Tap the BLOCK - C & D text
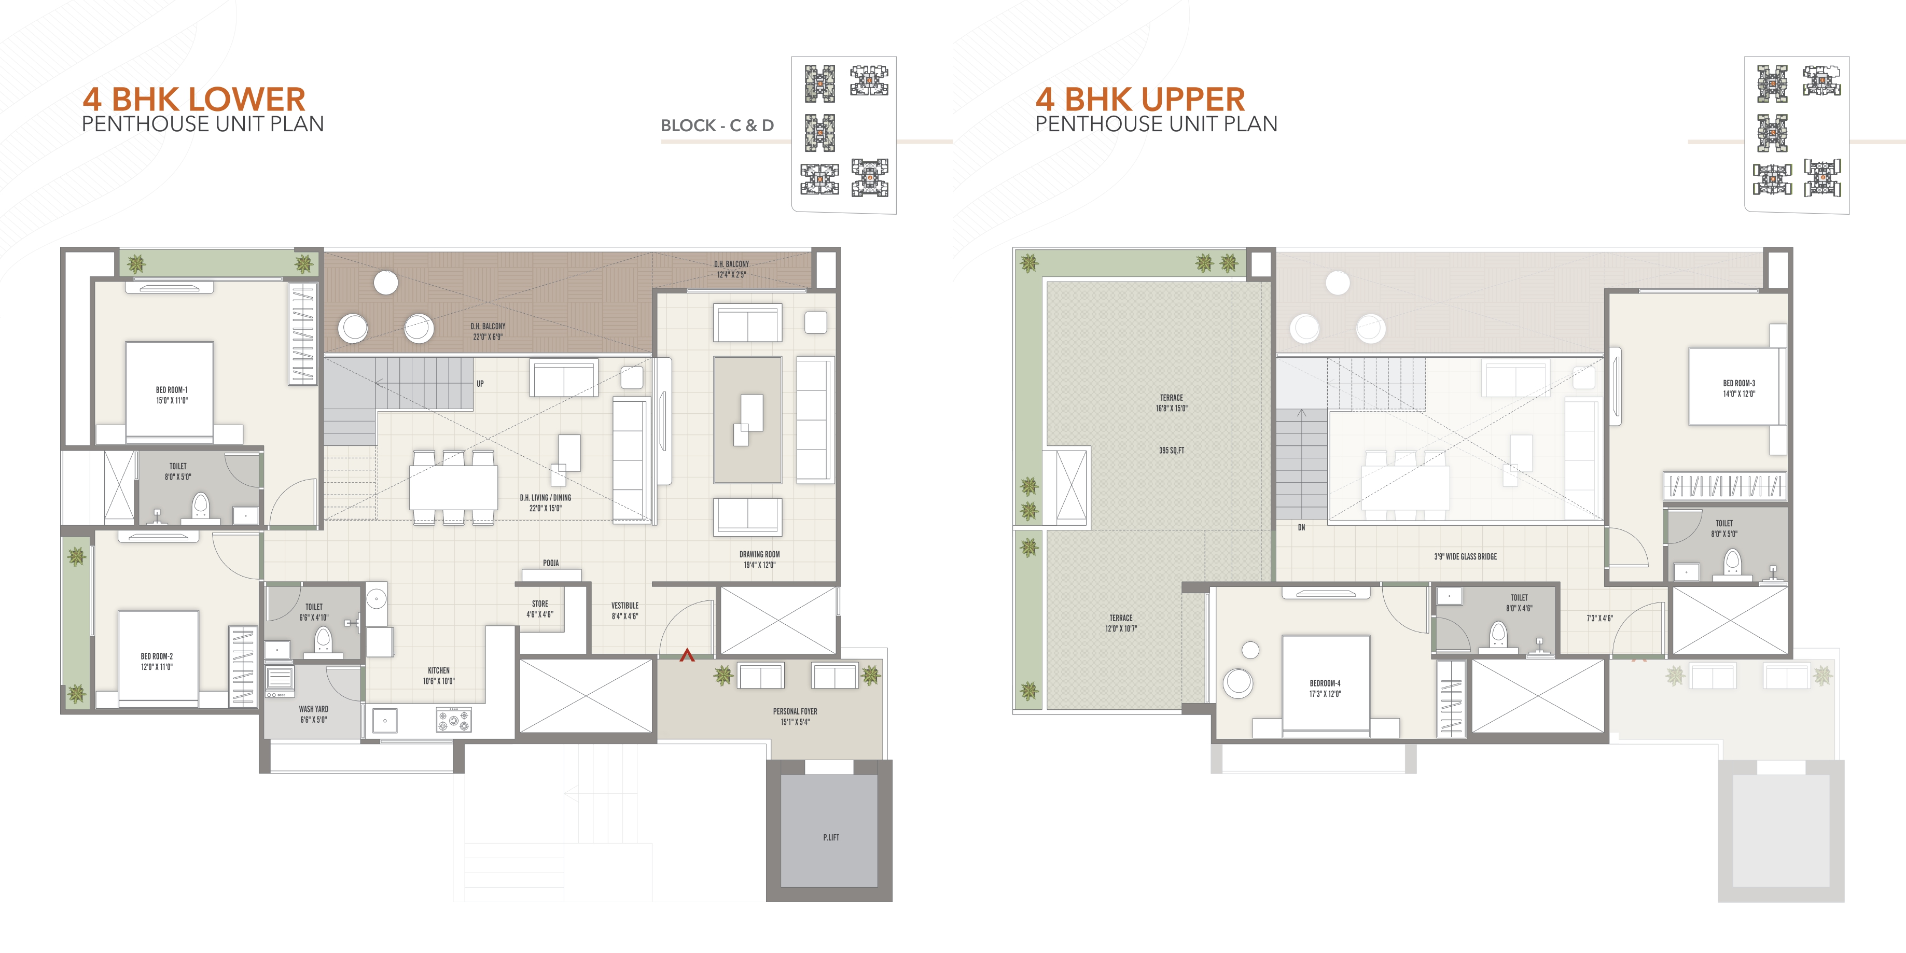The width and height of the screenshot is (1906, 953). [x=717, y=126]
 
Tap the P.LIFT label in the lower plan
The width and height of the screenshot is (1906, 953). [x=831, y=837]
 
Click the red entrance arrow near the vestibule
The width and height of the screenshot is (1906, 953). [x=687, y=655]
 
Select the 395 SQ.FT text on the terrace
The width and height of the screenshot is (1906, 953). [x=1171, y=451]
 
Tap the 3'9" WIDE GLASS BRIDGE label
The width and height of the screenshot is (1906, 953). [x=1465, y=556]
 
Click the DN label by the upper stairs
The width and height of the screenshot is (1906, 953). [x=1301, y=527]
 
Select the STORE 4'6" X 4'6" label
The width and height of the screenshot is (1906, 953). [x=540, y=609]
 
